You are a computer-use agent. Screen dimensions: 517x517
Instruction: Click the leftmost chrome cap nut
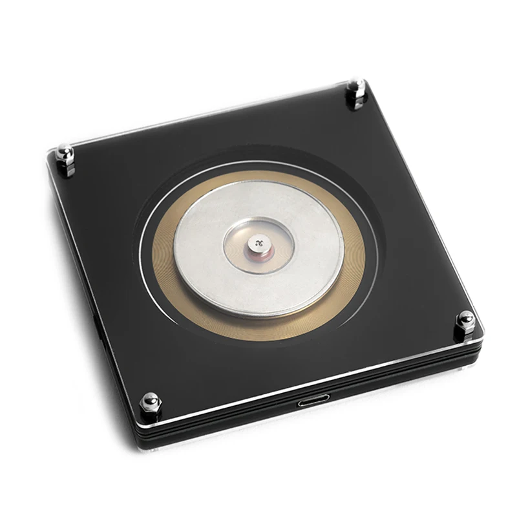(65, 155)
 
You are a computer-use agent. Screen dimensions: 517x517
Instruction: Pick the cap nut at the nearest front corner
(150, 402)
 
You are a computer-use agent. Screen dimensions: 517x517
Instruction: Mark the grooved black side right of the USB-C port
(401, 381)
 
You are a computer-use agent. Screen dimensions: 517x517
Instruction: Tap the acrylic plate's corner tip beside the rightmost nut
(482, 326)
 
